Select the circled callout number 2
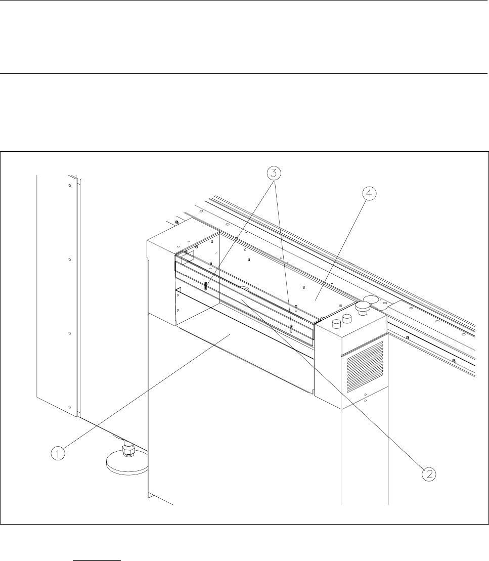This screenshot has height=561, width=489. tap(428, 473)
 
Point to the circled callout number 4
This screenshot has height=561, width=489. tap(370, 193)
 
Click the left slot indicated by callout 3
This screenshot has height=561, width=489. tap(207, 286)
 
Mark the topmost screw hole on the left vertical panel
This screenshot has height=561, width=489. tap(70, 186)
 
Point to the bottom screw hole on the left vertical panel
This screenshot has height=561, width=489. tap(69, 406)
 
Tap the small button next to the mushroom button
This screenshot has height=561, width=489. tap(346, 318)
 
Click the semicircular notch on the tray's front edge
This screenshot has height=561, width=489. tap(244, 288)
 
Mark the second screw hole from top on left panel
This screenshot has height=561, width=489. tap(70, 259)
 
